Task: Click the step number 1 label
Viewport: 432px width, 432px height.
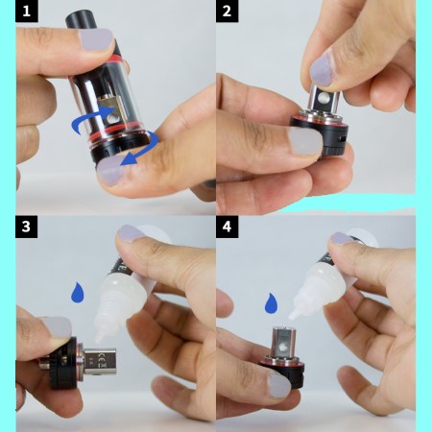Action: click(x=27, y=12)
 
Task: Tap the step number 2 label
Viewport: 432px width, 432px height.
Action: click(x=227, y=12)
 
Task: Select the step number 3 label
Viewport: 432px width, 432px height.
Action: click(x=26, y=227)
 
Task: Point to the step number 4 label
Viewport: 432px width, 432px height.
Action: click(x=227, y=227)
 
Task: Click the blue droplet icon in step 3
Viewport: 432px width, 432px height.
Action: click(x=78, y=292)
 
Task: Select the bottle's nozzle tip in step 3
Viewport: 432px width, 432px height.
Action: click(x=99, y=339)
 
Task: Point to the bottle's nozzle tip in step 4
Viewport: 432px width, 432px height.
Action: click(x=292, y=317)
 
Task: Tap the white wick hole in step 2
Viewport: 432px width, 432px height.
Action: click(x=323, y=98)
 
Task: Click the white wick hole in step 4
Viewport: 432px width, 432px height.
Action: click(x=283, y=347)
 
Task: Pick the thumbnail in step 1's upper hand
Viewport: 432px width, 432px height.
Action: click(x=96, y=39)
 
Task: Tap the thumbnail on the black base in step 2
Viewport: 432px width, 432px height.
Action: click(x=305, y=141)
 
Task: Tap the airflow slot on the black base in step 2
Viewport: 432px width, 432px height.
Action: click(x=341, y=138)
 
